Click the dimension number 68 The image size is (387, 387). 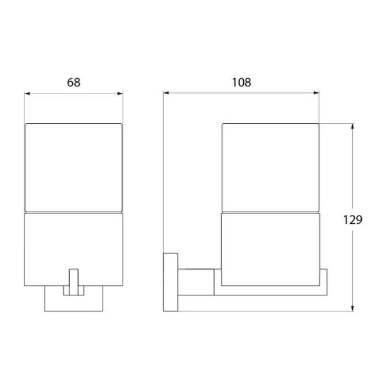[x=74, y=83]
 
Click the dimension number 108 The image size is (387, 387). [x=241, y=83]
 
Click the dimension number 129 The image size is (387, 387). [x=353, y=219]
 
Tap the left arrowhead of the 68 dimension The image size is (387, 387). [x=27, y=94]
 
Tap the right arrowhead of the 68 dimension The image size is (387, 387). [x=120, y=94]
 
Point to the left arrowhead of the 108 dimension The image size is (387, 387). [x=166, y=93]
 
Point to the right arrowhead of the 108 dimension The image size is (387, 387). [x=317, y=93]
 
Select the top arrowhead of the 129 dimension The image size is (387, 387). [x=352, y=126]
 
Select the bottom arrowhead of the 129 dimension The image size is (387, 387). [x=352, y=308]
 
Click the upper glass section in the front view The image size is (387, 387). [x=74, y=168]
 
